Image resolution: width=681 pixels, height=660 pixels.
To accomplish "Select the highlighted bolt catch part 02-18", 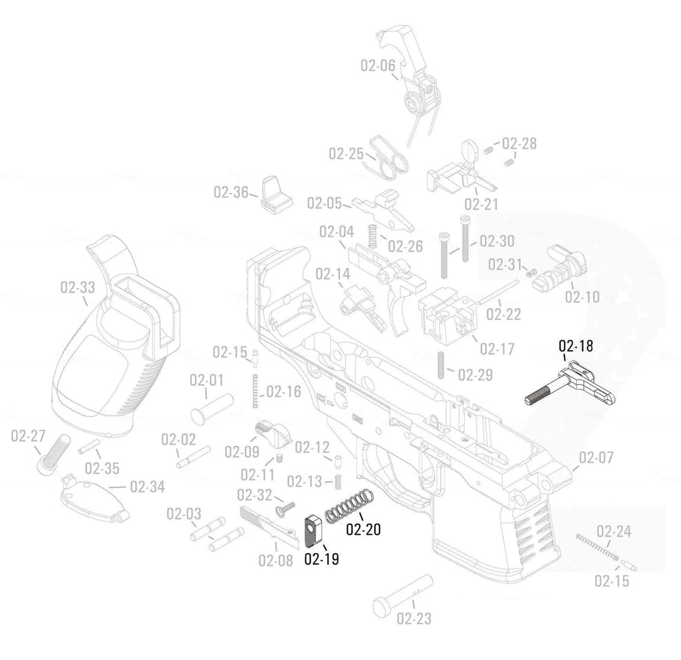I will click(574, 384).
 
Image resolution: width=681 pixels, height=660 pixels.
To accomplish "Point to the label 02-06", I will click(377, 66).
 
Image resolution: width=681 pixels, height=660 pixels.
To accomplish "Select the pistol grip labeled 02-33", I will click(121, 336).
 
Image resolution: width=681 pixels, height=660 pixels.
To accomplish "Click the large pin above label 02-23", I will click(401, 595).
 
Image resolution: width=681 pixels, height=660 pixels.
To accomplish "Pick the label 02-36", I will click(230, 192).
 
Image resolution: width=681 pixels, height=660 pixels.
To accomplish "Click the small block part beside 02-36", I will click(276, 194).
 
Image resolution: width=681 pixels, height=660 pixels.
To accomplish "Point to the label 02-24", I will click(613, 532).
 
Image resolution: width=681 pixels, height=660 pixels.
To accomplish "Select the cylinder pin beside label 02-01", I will click(212, 406).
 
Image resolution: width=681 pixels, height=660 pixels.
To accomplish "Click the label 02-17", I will click(497, 349).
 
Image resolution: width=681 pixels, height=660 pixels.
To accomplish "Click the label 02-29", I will click(475, 375).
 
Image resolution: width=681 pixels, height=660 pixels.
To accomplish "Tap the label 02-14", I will click(333, 274).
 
